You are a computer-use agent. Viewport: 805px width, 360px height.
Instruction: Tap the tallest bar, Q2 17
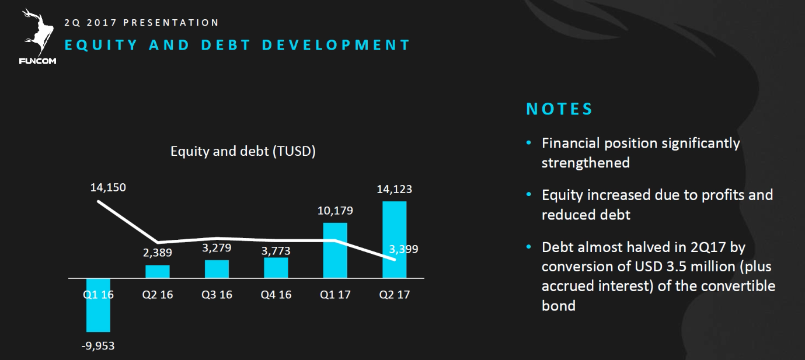[x=395, y=239]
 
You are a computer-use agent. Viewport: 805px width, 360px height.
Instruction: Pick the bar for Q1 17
[x=335, y=250]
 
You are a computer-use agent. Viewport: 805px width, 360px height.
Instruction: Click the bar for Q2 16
[x=158, y=271]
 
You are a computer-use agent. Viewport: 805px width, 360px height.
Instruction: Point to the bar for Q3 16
[x=217, y=268]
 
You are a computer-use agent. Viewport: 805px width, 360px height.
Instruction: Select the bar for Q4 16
[x=276, y=267]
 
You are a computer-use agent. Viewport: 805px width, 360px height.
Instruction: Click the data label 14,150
[x=108, y=188]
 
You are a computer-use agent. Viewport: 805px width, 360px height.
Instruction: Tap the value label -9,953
[x=97, y=346]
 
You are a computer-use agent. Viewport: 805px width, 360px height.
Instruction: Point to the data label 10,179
[x=335, y=211]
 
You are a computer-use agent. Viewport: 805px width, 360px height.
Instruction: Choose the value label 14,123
[x=395, y=189]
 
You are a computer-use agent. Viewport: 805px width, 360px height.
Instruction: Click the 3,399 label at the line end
[x=403, y=250]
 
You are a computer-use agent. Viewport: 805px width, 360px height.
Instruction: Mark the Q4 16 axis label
[x=276, y=295]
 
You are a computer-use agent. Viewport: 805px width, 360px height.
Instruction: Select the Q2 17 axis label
[x=395, y=295]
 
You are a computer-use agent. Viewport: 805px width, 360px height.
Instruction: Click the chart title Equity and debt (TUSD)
[x=243, y=152]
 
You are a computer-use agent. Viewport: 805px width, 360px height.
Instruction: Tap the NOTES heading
[x=559, y=109]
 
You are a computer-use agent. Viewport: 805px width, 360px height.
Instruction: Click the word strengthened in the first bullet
[x=586, y=163]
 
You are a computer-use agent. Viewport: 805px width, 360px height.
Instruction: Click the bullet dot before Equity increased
[x=529, y=194]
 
